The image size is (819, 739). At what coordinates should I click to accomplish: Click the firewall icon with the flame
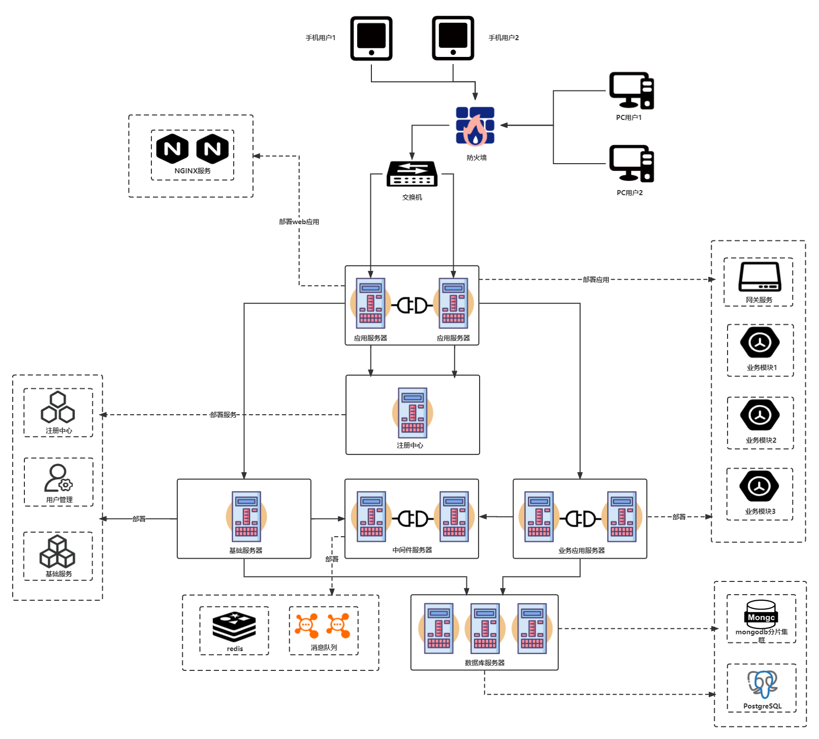click(475, 127)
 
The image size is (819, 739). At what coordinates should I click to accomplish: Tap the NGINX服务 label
click(193, 171)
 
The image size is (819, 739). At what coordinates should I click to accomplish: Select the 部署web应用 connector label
click(299, 222)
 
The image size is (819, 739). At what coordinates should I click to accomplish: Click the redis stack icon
click(234, 627)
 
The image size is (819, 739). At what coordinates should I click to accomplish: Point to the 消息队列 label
click(324, 648)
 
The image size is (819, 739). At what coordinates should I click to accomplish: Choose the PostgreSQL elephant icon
click(762, 684)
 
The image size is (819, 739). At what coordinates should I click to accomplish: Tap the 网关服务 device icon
click(760, 277)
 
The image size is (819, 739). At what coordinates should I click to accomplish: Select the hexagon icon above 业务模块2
click(760, 415)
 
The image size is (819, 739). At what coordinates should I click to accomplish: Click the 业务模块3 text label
click(760, 511)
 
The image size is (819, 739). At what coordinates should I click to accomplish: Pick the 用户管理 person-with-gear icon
click(58, 478)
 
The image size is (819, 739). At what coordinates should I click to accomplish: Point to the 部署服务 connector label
click(223, 415)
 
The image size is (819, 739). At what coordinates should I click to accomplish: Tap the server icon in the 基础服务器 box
click(246, 516)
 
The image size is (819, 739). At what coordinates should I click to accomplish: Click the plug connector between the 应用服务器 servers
click(412, 305)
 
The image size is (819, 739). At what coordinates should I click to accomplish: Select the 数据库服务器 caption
click(485, 663)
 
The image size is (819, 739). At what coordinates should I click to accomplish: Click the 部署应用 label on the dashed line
click(595, 280)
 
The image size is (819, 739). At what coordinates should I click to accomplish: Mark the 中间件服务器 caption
click(412, 550)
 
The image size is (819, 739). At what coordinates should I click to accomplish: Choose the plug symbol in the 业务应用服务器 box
click(580, 519)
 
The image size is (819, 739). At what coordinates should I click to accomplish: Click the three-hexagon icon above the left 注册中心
click(58, 407)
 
